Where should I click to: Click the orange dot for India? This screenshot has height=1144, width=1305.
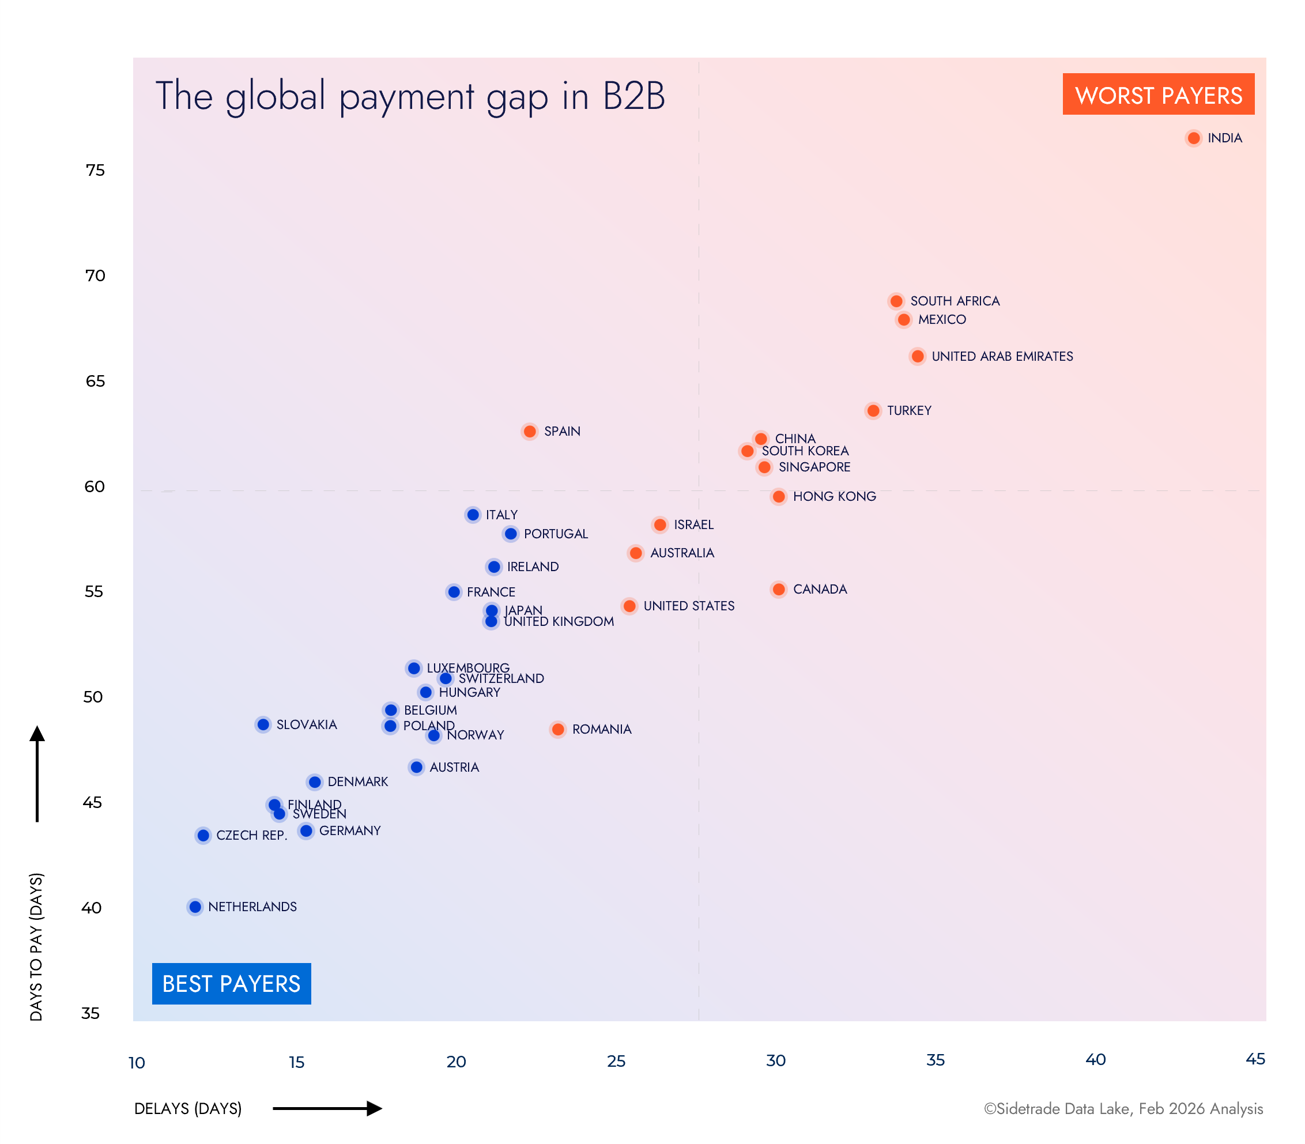click(1193, 138)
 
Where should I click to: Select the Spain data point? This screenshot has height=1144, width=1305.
click(529, 432)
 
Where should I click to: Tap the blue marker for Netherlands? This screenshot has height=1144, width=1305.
click(195, 907)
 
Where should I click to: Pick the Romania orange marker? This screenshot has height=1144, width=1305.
click(558, 729)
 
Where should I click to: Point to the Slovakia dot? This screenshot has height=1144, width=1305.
click(263, 724)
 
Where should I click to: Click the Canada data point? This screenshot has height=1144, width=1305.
click(778, 589)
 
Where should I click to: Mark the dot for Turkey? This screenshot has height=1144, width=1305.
click(873, 410)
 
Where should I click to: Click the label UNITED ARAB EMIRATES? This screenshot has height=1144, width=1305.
click(1002, 356)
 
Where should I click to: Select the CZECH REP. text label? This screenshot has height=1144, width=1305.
click(251, 835)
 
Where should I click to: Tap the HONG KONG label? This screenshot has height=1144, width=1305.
click(834, 496)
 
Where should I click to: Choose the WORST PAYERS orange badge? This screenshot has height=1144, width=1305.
click(1158, 95)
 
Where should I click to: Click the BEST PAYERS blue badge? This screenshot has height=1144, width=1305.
click(231, 984)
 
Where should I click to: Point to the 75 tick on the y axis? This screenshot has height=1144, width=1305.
click(95, 170)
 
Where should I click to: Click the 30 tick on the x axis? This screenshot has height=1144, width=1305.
click(776, 1060)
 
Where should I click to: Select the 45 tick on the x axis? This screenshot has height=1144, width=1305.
click(1255, 1059)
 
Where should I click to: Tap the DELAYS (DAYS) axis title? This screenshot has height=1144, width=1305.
click(188, 1108)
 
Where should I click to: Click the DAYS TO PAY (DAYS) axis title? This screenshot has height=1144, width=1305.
click(36, 947)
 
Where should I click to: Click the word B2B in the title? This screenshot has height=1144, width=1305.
click(633, 96)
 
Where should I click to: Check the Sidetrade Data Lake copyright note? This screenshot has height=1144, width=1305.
click(1123, 1108)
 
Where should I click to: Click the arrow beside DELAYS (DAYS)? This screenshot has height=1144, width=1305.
click(327, 1108)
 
